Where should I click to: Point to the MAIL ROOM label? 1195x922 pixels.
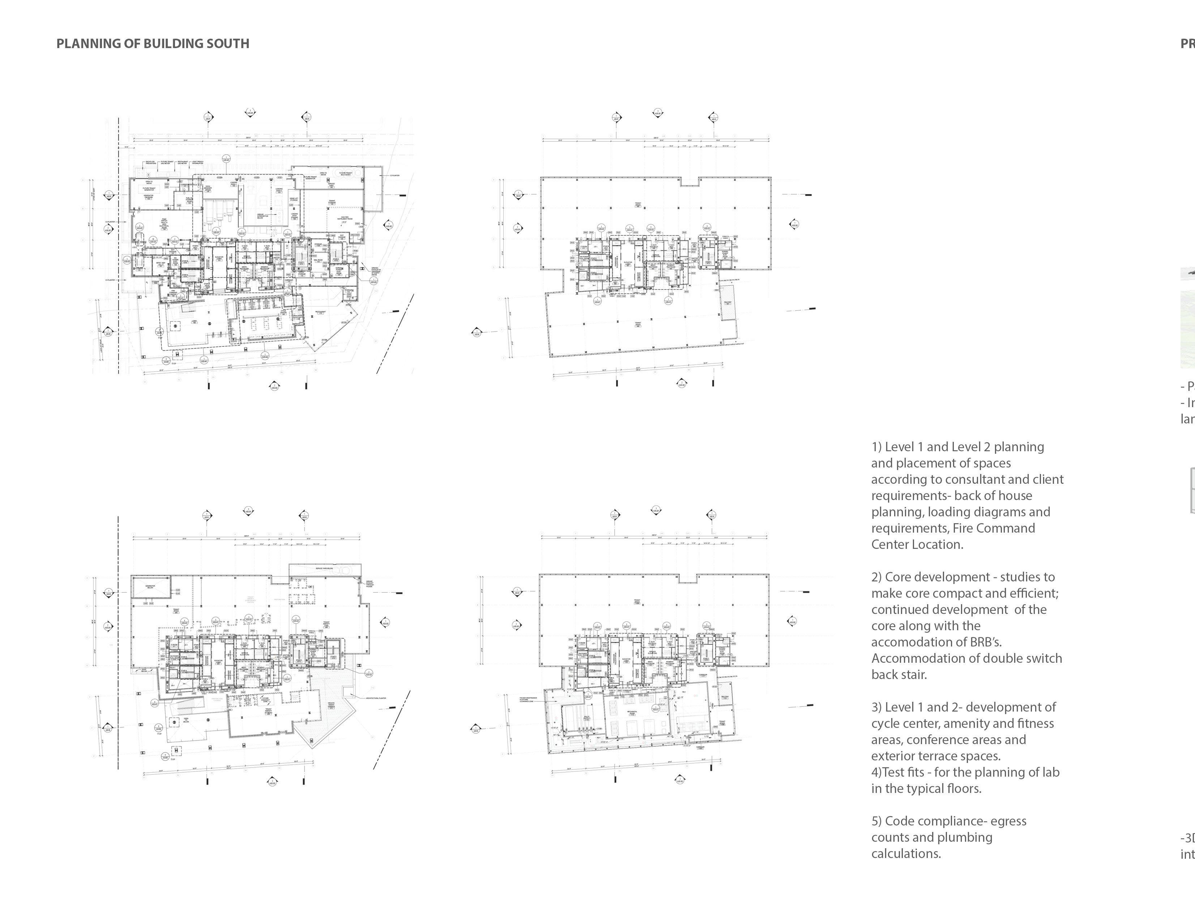point(318,260)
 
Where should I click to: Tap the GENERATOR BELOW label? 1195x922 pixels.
point(150,586)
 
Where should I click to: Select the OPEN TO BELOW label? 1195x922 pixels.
point(185,720)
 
